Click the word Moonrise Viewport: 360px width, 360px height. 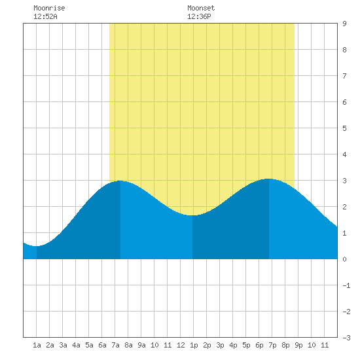[x=49, y=8]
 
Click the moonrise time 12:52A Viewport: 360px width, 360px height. [x=45, y=16]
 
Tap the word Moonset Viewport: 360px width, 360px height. [x=201, y=8]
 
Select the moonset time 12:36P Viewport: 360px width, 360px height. [x=199, y=16]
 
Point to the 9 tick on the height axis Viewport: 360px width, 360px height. [x=344, y=24]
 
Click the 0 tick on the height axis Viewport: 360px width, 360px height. [x=344, y=259]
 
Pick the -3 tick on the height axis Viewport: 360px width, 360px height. [x=346, y=338]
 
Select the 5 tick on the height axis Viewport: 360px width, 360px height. [x=344, y=128]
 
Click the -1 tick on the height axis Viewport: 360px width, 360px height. [x=346, y=285]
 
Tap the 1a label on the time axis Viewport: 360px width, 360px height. [x=37, y=345]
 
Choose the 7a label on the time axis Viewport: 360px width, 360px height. [x=115, y=345]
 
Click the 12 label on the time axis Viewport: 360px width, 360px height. [x=181, y=345]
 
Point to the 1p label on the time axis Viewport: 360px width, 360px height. [x=194, y=345]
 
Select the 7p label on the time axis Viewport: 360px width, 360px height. [x=272, y=345]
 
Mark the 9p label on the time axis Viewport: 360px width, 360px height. [x=298, y=345]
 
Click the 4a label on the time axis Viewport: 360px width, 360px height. [x=76, y=345]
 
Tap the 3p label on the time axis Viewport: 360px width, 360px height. [x=220, y=345]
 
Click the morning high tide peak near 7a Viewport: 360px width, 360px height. [x=120, y=181]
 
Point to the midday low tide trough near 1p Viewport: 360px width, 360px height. [x=192, y=215]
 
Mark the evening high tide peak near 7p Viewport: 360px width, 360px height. [x=269, y=179]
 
